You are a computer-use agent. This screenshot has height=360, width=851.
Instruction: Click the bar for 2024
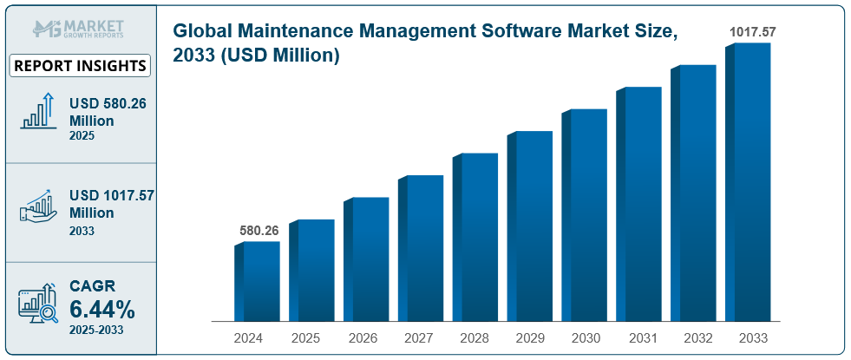(x=258, y=281)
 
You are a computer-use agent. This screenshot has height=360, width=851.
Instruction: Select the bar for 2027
(x=422, y=248)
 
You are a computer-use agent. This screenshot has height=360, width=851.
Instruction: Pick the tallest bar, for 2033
(x=748, y=182)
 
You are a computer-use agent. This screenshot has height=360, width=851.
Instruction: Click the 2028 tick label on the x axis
(x=475, y=337)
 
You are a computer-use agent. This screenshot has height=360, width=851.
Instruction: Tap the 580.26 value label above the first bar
(x=259, y=232)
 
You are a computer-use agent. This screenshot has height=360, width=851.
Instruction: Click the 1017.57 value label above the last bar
(x=751, y=32)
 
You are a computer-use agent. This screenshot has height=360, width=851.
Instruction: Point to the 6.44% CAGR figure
(x=102, y=308)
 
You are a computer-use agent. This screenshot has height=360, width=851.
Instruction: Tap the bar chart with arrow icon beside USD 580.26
(x=38, y=112)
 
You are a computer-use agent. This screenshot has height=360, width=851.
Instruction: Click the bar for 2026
(x=367, y=259)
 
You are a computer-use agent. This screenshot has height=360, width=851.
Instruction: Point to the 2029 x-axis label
(x=529, y=337)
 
